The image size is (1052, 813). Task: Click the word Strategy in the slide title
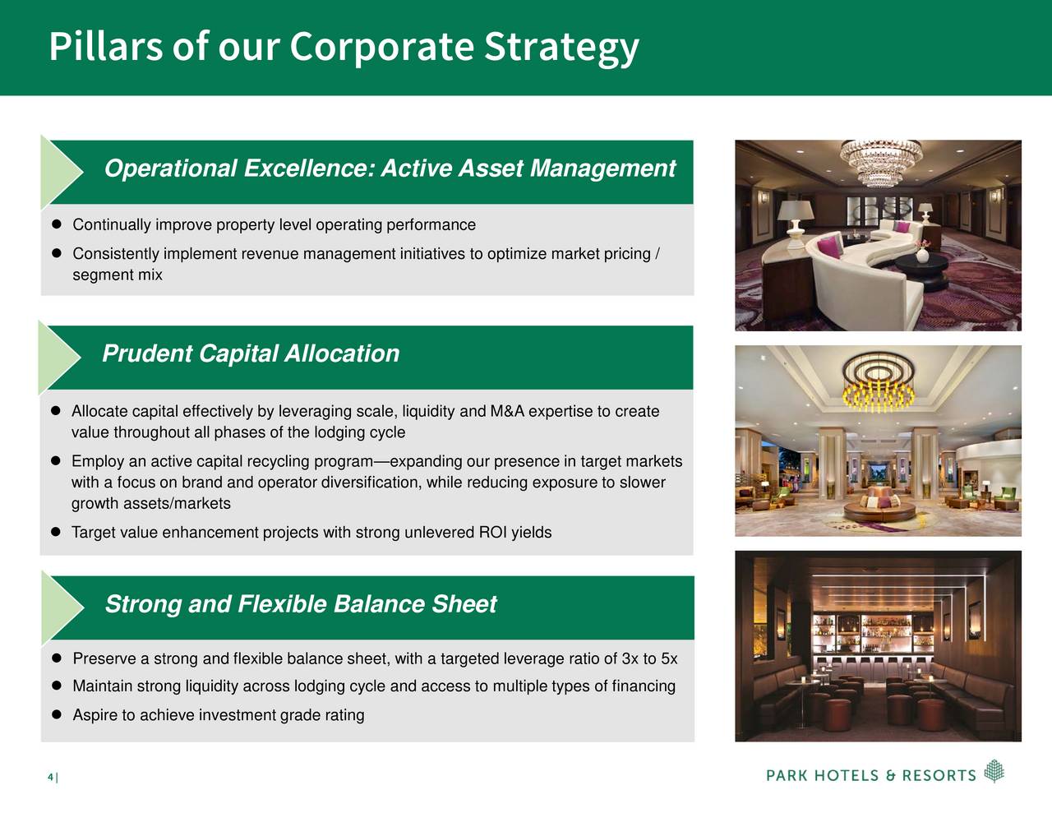(x=561, y=48)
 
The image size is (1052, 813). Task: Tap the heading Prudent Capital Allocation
(x=251, y=353)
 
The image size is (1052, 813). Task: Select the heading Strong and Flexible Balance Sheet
(x=301, y=604)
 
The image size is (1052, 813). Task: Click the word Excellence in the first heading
(x=309, y=168)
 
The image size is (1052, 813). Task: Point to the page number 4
(x=50, y=777)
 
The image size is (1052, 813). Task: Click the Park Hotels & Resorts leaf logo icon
(x=994, y=771)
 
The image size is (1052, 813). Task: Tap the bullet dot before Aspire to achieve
(x=57, y=714)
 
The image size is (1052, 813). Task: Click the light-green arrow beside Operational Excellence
(x=62, y=172)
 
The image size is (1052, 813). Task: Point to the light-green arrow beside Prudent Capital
(x=59, y=358)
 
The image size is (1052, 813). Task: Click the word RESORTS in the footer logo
(x=939, y=776)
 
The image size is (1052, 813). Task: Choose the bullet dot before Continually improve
(x=57, y=224)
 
